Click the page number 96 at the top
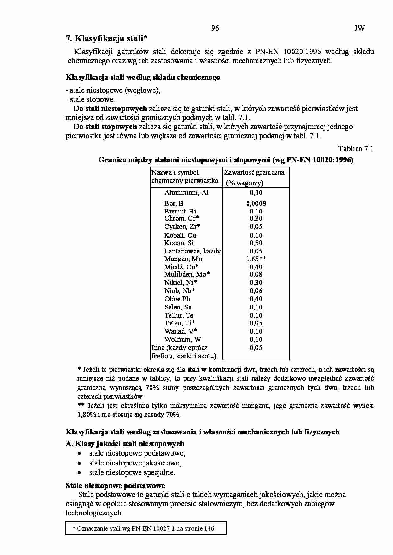[215, 28]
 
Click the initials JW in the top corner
[359, 28]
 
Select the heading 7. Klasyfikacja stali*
[106, 39]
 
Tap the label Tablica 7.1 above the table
[356, 149]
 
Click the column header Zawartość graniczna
[254, 172]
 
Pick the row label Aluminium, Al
[186, 193]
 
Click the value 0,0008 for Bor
[256, 203]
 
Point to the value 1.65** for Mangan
[256, 259]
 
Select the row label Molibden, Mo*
[187, 274]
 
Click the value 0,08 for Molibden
[256, 274]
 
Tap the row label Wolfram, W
[183, 340]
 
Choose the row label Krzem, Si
[179, 243]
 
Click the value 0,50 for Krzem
[256, 243]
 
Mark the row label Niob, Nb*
[179, 291]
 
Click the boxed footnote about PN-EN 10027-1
[145, 528]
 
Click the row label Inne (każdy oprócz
[179, 348]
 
